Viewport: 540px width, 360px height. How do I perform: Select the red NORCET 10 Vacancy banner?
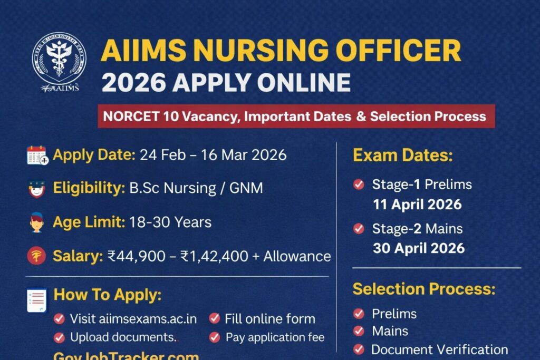296,116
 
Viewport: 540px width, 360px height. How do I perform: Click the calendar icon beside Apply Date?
37,155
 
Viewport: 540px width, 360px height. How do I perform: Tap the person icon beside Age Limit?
36,222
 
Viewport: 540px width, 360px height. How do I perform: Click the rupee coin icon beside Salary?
36,256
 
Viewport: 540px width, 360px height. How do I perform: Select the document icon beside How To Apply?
37,299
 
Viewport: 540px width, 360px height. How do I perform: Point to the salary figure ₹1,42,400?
214,257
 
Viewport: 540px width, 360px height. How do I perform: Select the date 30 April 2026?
419,248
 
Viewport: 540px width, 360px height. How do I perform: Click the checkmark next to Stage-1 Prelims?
359,184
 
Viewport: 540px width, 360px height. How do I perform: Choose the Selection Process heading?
424,289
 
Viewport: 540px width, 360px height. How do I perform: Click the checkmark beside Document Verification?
359,349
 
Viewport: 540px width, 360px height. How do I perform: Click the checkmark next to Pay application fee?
214,337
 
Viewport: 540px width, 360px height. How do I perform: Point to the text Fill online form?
269,319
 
